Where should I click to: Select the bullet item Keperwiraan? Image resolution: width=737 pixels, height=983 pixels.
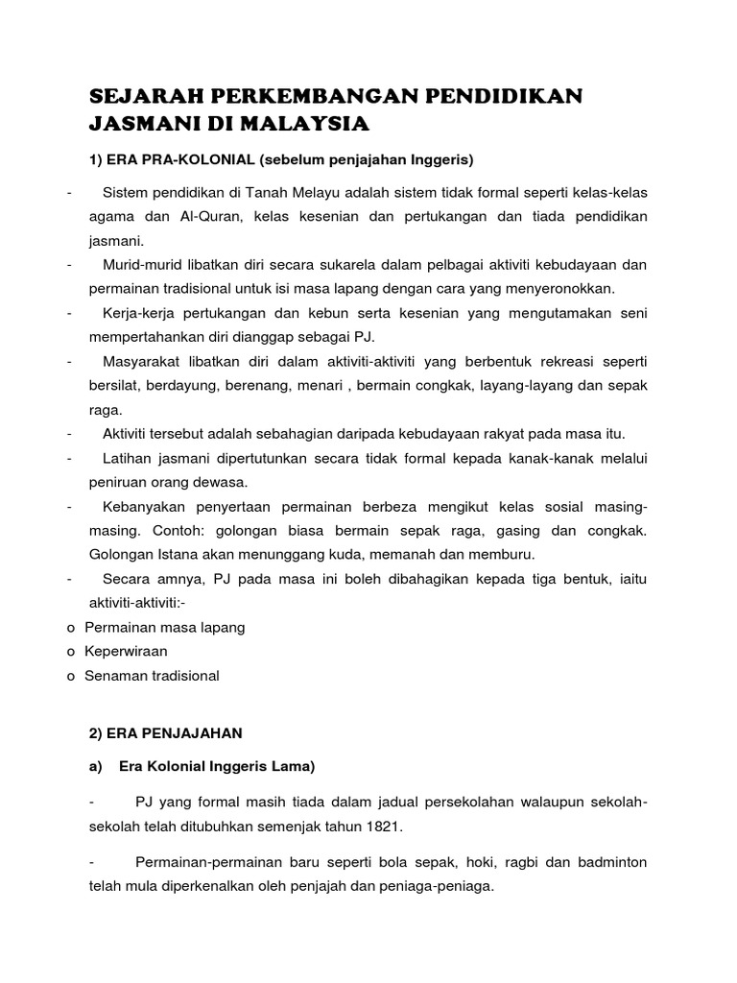coord(126,651)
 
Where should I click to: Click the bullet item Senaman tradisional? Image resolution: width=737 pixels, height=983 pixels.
coord(152,675)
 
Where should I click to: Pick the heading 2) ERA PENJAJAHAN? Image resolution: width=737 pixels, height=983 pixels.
coord(165,732)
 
